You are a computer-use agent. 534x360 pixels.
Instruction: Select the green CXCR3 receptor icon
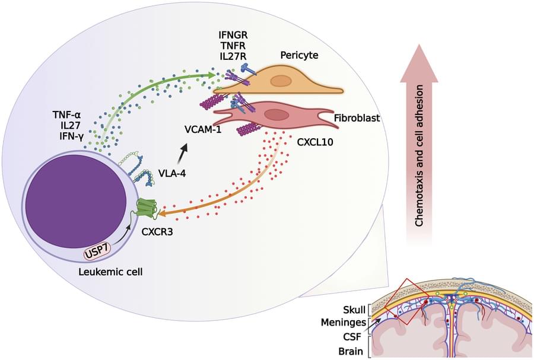147,207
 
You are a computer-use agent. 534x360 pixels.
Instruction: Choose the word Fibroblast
357,118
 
